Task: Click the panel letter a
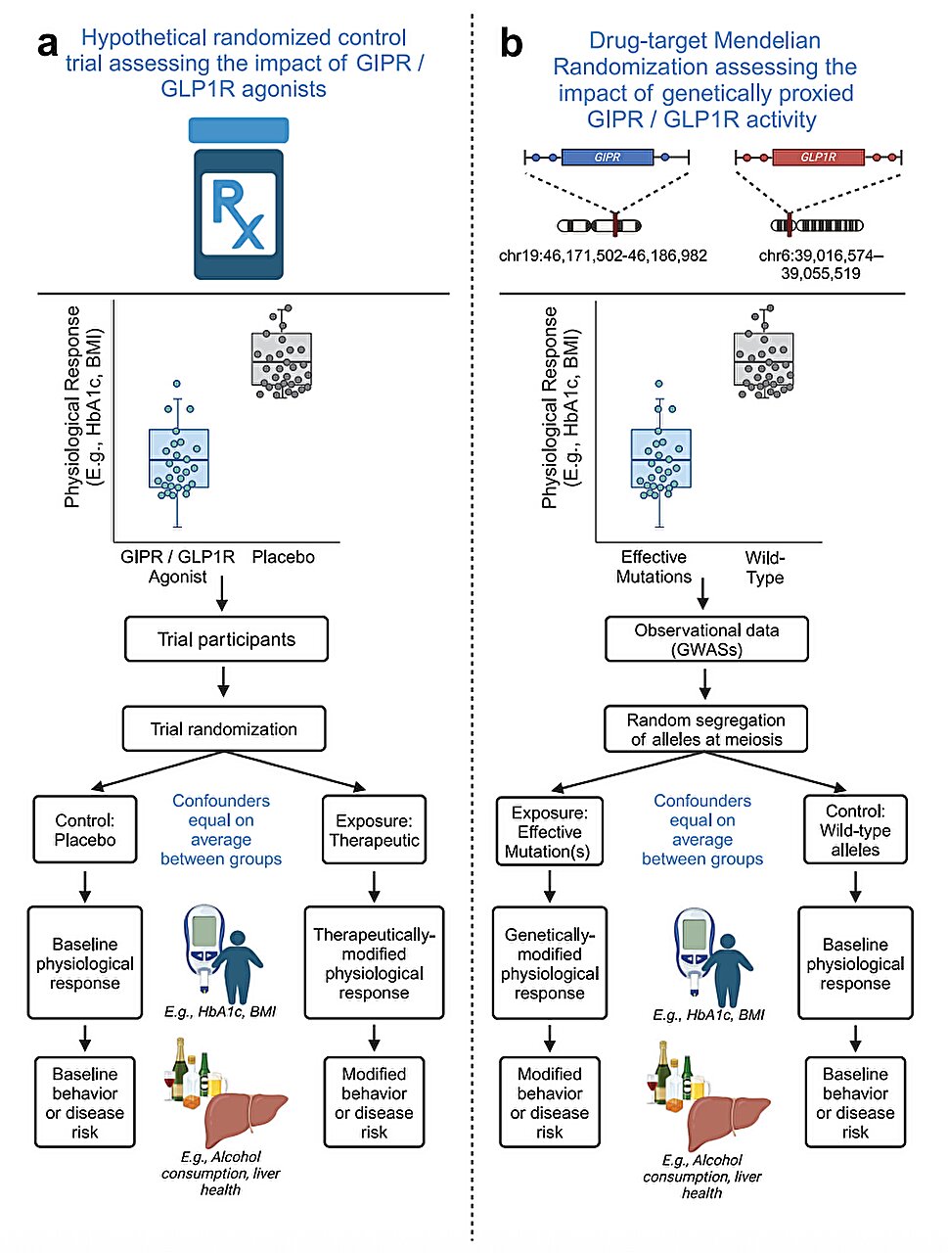click(47, 45)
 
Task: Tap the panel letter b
click(511, 45)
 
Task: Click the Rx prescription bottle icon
click(239, 201)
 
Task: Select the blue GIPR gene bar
click(608, 157)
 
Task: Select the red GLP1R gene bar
click(818, 157)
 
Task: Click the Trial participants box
click(226, 639)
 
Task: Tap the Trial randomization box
click(224, 729)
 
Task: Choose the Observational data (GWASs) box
click(706, 640)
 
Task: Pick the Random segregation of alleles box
click(706, 729)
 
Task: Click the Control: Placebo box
click(85, 830)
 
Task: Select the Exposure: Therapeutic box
click(374, 830)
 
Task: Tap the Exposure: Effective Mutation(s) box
click(549, 831)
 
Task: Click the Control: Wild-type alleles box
click(855, 830)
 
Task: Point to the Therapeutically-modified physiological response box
click(374, 963)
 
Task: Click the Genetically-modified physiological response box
click(549, 963)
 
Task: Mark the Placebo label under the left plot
click(283, 557)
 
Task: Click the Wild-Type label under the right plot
click(764, 568)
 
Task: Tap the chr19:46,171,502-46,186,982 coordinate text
click(603, 256)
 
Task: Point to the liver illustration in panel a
click(245, 1116)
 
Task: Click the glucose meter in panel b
click(694, 948)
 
